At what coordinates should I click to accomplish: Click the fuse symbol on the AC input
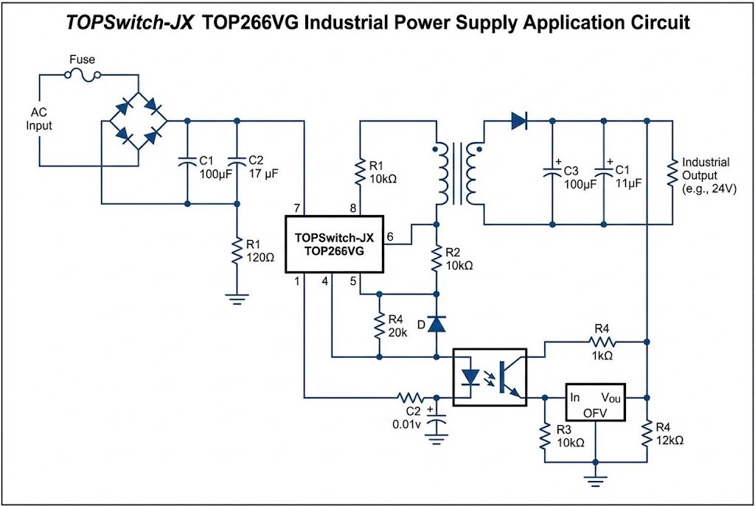(x=83, y=74)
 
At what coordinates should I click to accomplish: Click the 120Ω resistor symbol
(x=237, y=250)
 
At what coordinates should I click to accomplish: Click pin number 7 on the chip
(x=296, y=208)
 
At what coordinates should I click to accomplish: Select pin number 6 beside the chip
(x=391, y=236)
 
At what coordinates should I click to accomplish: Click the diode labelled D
(x=437, y=323)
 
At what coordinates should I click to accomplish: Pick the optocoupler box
(x=489, y=376)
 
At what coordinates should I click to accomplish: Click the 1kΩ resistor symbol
(x=602, y=341)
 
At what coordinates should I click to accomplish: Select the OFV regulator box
(x=595, y=401)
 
